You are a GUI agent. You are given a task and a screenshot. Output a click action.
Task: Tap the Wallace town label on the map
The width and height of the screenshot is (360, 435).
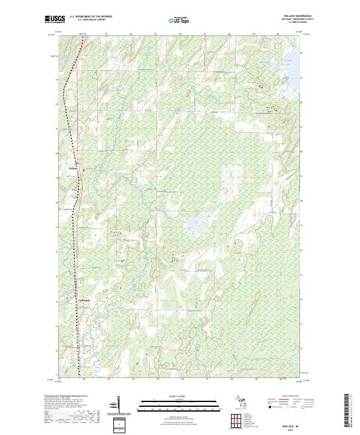click(x=74, y=169)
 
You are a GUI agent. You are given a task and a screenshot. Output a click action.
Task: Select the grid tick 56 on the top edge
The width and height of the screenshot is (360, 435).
click(x=180, y=34)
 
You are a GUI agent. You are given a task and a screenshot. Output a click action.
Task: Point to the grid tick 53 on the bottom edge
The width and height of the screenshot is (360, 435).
click(x=109, y=380)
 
